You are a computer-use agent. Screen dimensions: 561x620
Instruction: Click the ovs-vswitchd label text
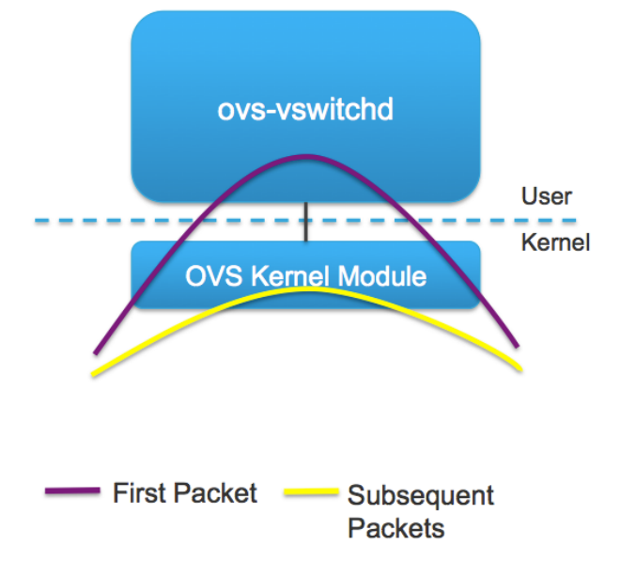point(304,111)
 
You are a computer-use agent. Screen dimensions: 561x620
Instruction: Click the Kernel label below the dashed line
point(554,242)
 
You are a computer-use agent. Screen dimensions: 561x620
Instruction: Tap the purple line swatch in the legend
point(72,491)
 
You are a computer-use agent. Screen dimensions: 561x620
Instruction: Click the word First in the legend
point(138,492)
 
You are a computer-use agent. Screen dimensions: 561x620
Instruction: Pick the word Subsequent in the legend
point(421,494)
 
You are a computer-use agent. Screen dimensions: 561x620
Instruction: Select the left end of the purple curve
point(95,353)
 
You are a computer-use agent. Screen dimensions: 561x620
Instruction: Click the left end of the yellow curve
point(92,375)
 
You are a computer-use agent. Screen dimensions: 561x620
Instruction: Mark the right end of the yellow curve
point(521,368)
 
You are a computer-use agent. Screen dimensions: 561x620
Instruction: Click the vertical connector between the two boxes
point(305,222)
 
